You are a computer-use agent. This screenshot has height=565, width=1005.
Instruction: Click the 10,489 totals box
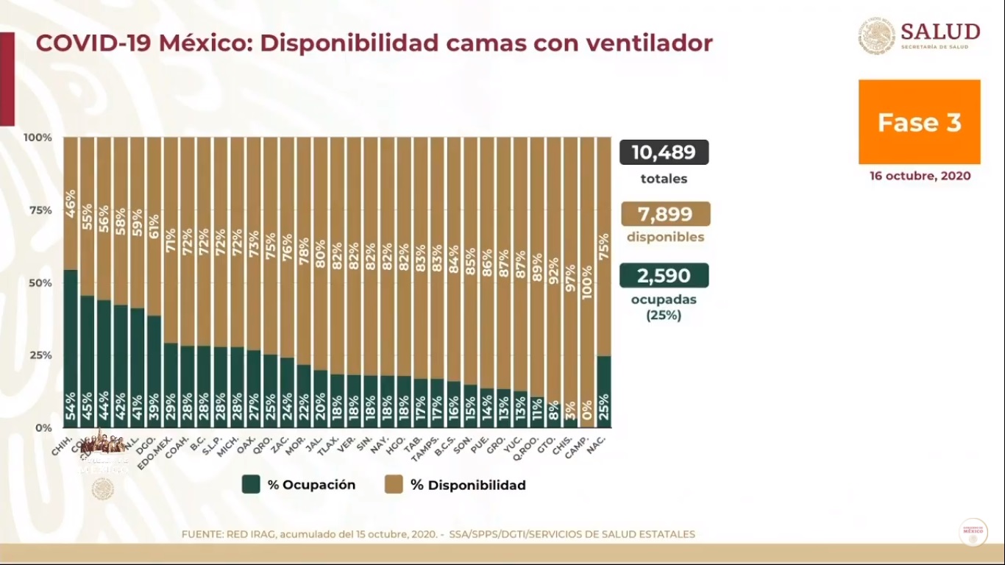click(664, 152)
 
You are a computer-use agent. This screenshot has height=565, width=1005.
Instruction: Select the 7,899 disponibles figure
click(665, 214)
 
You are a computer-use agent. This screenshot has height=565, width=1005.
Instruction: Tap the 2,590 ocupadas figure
click(664, 276)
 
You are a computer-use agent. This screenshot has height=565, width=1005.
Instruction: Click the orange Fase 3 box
click(919, 122)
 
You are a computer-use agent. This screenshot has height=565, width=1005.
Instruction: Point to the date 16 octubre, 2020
click(919, 177)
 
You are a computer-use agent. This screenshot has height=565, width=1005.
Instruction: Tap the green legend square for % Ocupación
click(252, 484)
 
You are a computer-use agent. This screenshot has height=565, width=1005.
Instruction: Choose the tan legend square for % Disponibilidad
click(394, 484)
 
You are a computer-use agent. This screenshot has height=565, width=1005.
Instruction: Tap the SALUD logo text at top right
click(940, 32)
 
